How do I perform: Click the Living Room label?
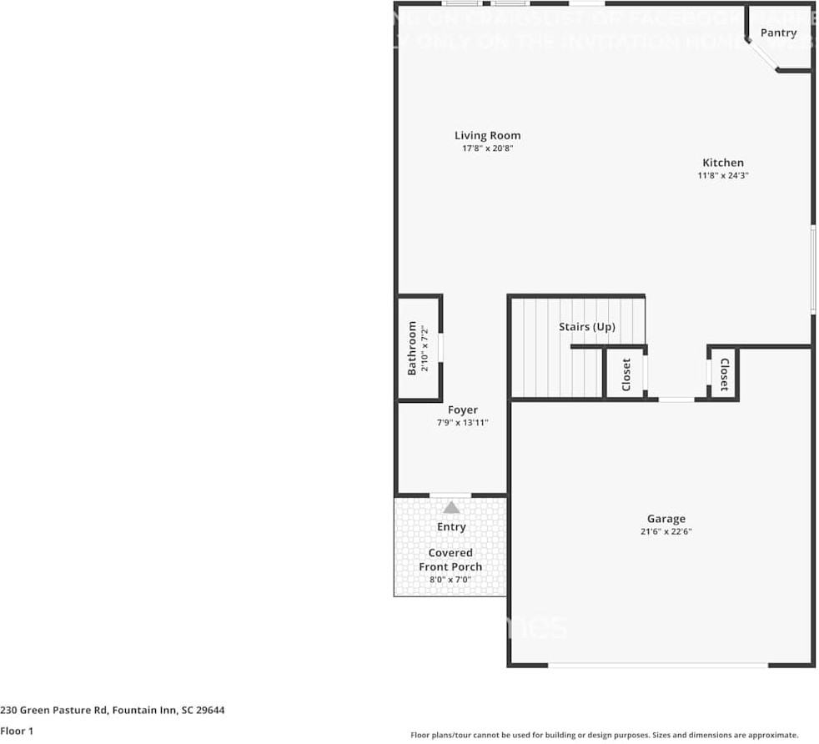tap(487, 135)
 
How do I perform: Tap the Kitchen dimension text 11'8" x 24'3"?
tap(722, 176)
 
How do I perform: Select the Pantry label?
tap(778, 33)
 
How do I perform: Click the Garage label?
tap(666, 519)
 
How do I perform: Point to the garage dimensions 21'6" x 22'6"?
tap(666, 532)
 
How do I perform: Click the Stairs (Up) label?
tap(587, 327)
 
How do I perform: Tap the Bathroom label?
tap(412, 348)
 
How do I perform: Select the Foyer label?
tap(463, 410)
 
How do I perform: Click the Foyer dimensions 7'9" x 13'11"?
tap(463, 423)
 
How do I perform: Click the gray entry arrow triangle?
tap(451, 507)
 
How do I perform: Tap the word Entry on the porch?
tap(451, 527)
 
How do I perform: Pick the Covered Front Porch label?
tap(450, 560)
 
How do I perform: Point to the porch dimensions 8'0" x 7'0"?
tap(450, 581)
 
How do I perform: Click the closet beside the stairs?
tap(626, 375)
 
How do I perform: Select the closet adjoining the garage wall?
tap(724, 375)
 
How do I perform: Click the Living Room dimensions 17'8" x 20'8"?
tap(487, 148)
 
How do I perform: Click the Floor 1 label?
tap(17, 731)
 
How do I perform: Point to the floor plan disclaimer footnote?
tap(605, 735)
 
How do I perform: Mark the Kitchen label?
tap(722, 163)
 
